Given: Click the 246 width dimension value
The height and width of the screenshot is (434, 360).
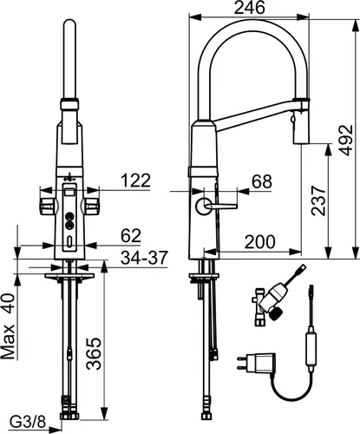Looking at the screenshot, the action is [x=249, y=8].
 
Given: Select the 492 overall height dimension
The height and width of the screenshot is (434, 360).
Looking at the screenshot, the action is [x=345, y=140].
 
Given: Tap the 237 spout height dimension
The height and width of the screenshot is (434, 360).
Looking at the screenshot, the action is [x=318, y=201].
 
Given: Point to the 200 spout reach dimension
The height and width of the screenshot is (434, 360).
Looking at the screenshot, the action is [x=259, y=241].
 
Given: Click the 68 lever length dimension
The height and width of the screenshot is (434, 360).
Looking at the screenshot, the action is [x=262, y=182].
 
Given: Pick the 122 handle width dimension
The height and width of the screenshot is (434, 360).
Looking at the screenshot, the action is [x=135, y=181].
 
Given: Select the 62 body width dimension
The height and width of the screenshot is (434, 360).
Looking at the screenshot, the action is [x=131, y=236].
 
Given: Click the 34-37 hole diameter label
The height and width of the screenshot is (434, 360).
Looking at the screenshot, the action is [x=144, y=258].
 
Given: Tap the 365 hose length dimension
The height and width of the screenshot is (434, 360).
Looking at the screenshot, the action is [x=95, y=353].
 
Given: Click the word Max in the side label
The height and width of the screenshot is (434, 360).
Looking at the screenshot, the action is [x=8, y=342].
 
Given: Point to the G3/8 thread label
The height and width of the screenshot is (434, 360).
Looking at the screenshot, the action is [x=28, y=423].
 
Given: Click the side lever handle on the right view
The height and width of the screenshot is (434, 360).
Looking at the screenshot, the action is [x=216, y=207].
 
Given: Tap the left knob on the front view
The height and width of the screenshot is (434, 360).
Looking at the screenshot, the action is [x=47, y=207].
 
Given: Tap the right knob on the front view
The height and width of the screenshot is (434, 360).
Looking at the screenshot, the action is [x=92, y=207].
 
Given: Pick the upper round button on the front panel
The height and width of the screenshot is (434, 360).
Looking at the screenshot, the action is [x=69, y=216].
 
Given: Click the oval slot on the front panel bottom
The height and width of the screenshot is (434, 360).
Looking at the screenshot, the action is [x=69, y=240].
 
